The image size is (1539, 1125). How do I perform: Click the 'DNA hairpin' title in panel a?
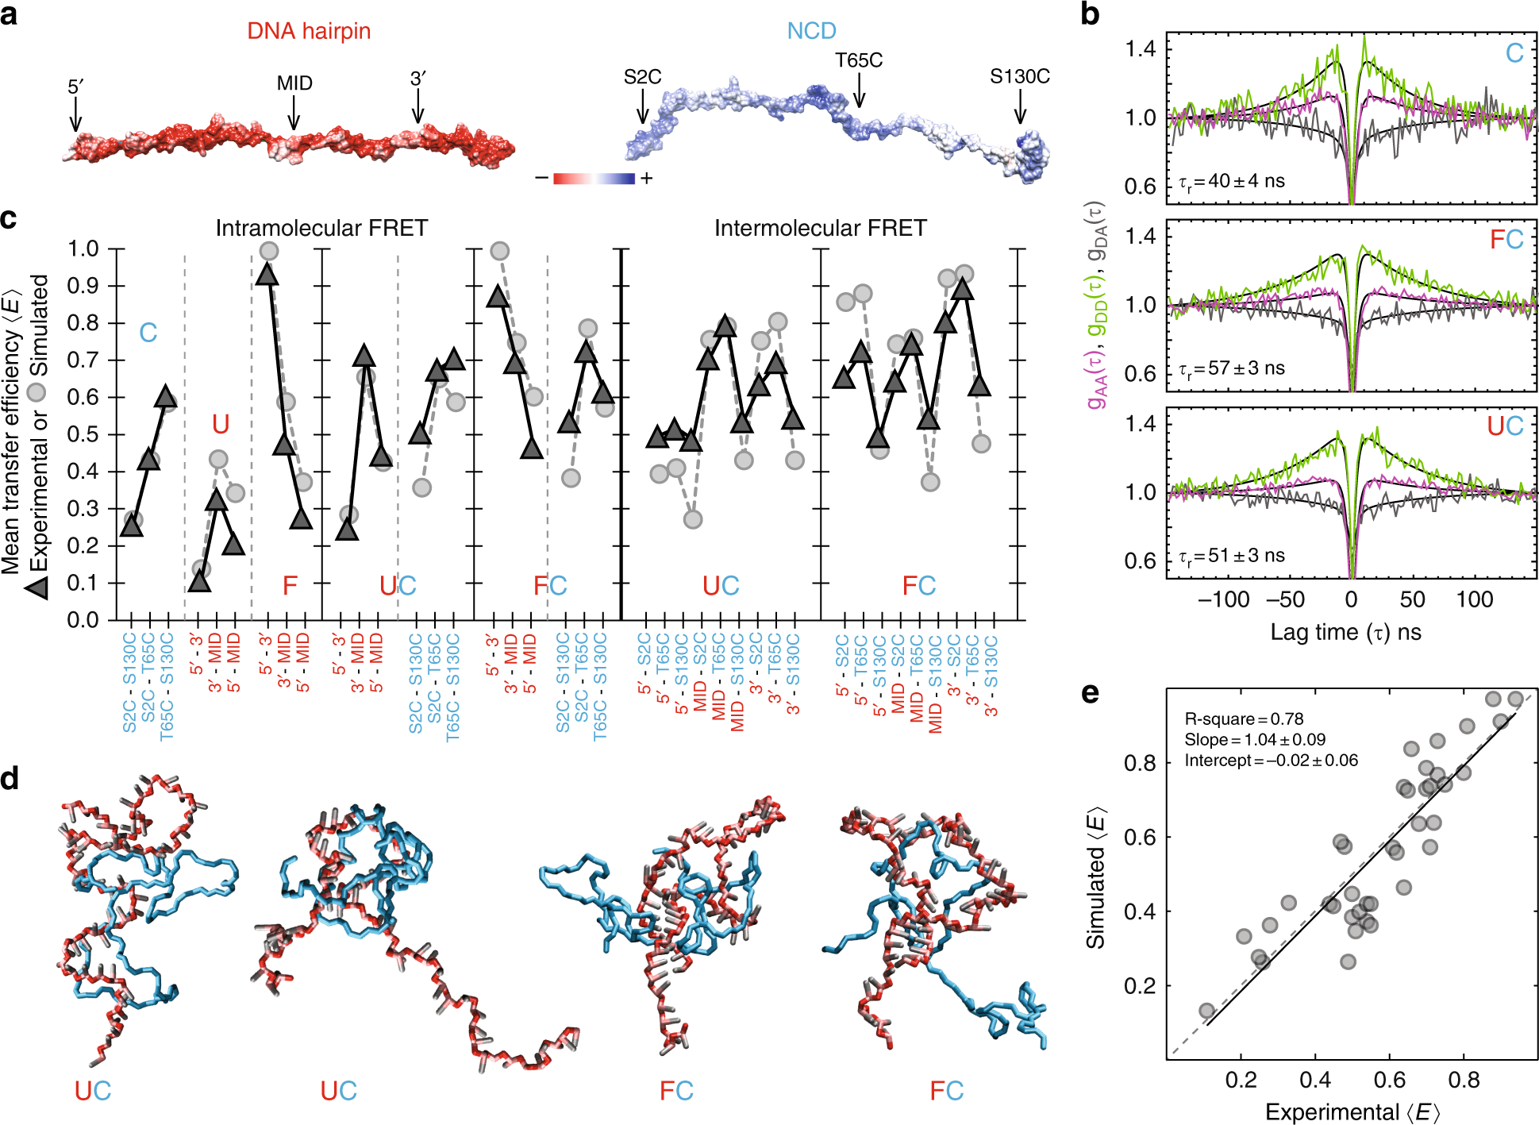coord(309,31)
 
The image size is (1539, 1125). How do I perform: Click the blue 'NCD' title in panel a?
coord(811,31)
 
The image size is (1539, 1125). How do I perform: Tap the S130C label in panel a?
coord(1019,77)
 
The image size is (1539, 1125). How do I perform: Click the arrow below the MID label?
coord(294,113)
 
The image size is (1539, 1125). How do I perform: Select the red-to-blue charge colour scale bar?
coord(594,178)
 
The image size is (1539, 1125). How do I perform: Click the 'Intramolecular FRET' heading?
coord(321,229)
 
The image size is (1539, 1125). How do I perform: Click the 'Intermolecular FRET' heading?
coord(820,229)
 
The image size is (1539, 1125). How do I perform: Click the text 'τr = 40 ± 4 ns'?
coord(1232,182)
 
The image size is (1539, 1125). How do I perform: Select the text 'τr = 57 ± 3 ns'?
coord(1232,369)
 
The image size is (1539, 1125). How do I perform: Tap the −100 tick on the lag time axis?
coord(1223,599)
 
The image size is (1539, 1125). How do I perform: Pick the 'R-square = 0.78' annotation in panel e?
coord(1244,719)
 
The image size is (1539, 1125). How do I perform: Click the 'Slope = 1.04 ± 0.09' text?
coord(1255,740)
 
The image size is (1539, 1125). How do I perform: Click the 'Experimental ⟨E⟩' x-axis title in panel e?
coord(1352,1112)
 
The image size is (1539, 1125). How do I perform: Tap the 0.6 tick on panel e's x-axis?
coord(1389,1081)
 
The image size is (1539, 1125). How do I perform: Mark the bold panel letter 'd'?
coord(10,779)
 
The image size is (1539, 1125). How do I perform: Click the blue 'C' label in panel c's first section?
coord(148,333)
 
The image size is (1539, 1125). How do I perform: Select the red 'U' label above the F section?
coord(221,425)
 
